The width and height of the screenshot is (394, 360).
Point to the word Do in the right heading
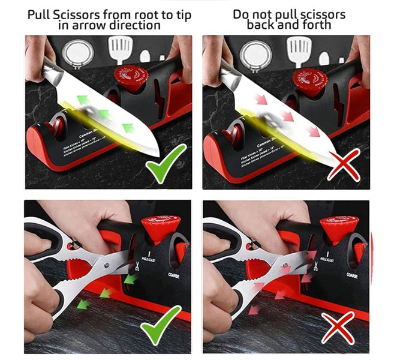click(242, 13)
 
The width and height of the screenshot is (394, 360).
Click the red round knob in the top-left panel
click(131, 79)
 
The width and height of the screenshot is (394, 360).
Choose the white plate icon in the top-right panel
click(256, 56)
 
